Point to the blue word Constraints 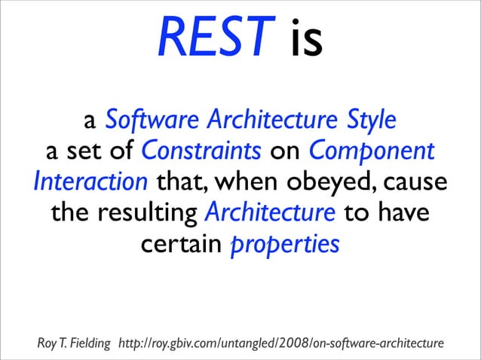[x=201, y=151]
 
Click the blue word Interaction [x=91, y=183]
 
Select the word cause [x=416, y=184]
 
